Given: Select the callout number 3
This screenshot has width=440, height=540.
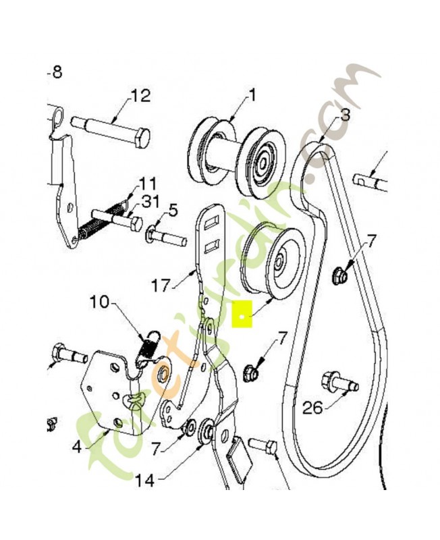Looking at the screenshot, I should click(x=345, y=115).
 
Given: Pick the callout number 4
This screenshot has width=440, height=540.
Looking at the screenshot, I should click(x=77, y=446).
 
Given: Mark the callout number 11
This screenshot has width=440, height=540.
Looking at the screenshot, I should click(x=147, y=184).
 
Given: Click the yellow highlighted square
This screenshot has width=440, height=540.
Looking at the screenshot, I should click(x=242, y=314).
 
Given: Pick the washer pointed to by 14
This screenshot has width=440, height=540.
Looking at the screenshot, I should click(x=207, y=431).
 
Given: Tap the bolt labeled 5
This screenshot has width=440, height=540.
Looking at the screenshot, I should click(x=165, y=238).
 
